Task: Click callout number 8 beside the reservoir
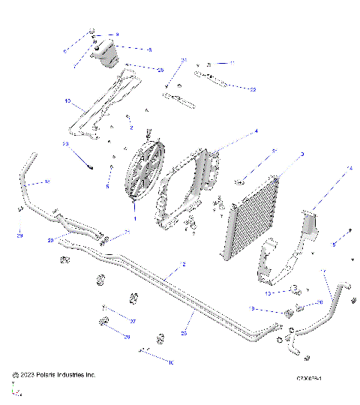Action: click(x=149, y=49)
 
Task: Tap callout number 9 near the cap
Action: click(x=116, y=35)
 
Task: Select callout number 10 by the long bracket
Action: click(x=67, y=100)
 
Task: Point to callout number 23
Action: click(x=65, y=143)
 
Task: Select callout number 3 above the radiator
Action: click(x=301, y=154)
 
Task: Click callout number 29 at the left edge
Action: click(x=19, y=235)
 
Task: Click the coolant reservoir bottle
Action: click(x=105, y=56)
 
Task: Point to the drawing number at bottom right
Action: click(x=309, y=379)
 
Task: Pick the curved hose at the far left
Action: click(x=25, y=178)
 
